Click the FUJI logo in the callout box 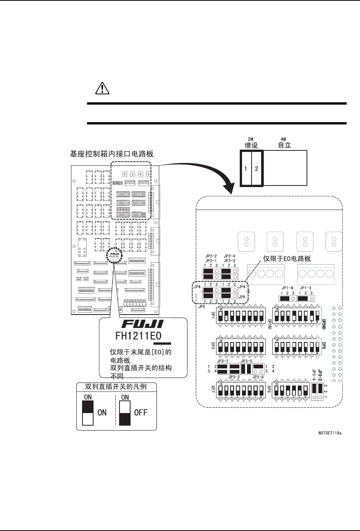click(142, 324)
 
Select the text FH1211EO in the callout click(139, 336)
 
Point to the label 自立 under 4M click(284, 145)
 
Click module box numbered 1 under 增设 click(245, 168)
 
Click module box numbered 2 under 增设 click(257, 168)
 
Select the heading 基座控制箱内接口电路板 click(111, 154)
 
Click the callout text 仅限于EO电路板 click(287, 259)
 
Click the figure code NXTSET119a click(330, 433)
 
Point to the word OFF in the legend click(140, 413)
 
